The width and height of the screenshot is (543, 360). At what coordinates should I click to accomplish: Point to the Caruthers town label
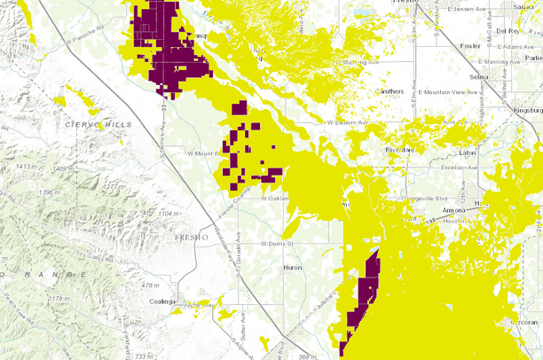390,90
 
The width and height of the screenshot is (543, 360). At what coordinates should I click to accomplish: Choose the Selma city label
479,77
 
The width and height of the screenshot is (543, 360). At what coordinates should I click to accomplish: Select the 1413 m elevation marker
26,167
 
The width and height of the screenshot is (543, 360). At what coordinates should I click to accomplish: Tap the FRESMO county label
190,239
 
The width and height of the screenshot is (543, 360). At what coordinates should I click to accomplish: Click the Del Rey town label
509,30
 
